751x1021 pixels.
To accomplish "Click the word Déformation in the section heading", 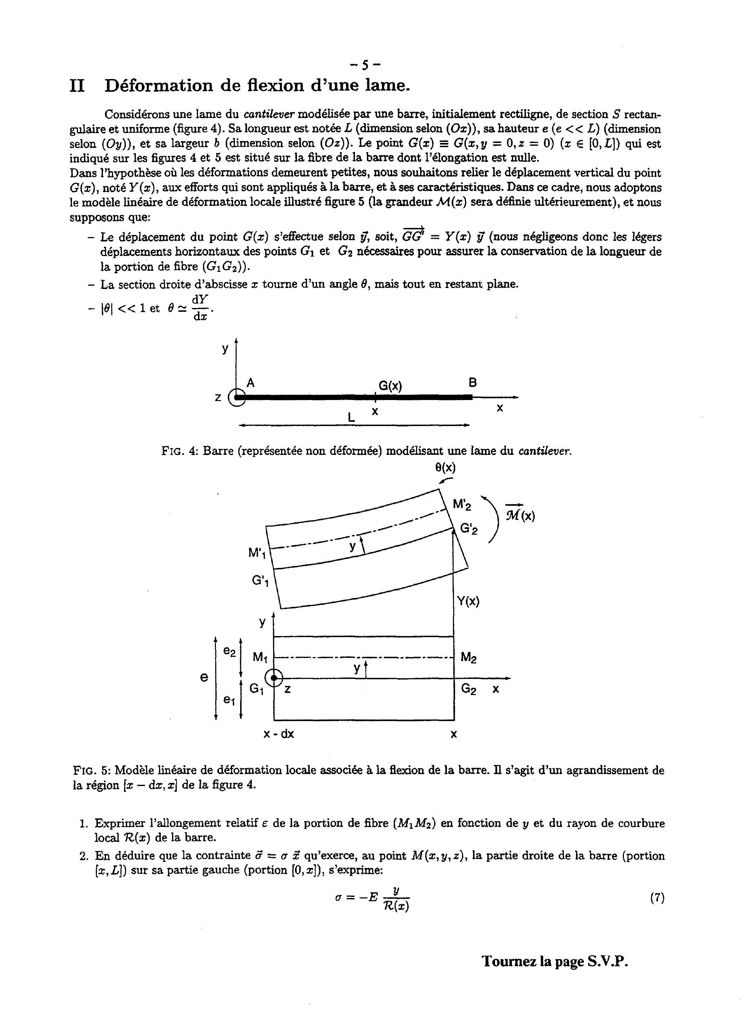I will coord(159,85).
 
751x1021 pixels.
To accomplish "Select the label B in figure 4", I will coord(473,382).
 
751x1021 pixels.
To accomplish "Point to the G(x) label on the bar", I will coord(390,386).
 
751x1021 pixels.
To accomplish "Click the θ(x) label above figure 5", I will coord(446,467).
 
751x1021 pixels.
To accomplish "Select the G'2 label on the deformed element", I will coord(469,529).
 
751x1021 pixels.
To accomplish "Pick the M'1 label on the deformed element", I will coord(257,554).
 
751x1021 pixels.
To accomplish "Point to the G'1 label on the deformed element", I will coord(260,581).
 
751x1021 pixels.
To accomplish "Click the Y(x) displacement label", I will coord(468,601).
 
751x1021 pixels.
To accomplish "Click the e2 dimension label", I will coord(230,652).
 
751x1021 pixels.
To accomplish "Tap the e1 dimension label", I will coord(229,701).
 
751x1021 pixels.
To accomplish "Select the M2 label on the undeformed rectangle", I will coord(469,657).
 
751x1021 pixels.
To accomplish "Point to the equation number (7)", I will coord(657,897).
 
